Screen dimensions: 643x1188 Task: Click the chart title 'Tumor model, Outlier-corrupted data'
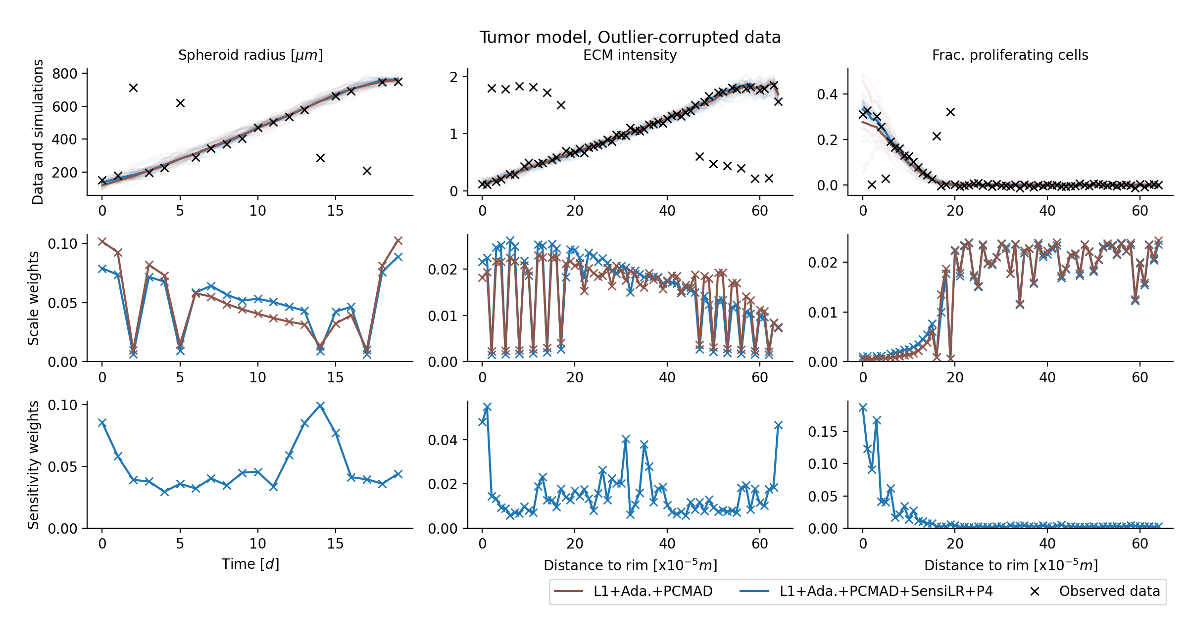[x=630, y=37]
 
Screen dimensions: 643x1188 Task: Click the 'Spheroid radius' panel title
[x=250, y=55]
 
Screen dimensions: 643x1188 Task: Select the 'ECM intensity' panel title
[x=630, y=55]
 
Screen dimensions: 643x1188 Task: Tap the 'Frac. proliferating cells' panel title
[x=1010, y=55]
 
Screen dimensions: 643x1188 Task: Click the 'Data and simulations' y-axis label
[x=38, y=132]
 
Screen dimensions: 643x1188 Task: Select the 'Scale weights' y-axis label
[x=33, y=298]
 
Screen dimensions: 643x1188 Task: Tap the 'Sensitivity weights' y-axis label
[x=33, y=465]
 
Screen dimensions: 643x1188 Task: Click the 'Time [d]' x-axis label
[x=250, y=564]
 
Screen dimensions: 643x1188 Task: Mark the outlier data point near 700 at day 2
[x=133, y=88]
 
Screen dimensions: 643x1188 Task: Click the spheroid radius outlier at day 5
[x=180, y=103]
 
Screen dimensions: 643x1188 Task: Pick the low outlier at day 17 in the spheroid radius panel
[x=367, y=171]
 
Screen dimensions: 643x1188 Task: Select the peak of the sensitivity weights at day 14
[x=320, y=406]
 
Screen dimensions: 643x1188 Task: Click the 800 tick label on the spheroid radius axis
[x=65, y=74]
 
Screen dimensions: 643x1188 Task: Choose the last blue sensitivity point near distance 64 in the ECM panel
[x=778, y=425]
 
